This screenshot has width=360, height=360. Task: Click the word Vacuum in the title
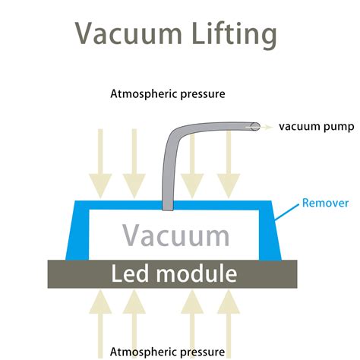click(128, 33)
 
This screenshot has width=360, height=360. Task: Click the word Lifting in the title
click(234, 34)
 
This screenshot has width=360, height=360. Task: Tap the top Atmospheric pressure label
click(168, 94)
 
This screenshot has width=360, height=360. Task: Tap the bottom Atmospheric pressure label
click(167, 352)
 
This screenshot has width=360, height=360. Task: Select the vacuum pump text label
click(317, 126)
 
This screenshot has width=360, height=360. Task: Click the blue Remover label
click(325, 203)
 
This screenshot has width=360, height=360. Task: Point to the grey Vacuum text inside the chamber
click(176, 235)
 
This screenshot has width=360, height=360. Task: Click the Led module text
click(174, 273)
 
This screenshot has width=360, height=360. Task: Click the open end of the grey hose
click(255, 126)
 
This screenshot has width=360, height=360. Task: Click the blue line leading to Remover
click(287, 212)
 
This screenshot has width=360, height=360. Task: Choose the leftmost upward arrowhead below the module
click(100, 302)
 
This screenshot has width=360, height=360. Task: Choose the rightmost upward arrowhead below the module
click(229, 302)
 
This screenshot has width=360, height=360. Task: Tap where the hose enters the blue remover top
click(168, 206)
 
